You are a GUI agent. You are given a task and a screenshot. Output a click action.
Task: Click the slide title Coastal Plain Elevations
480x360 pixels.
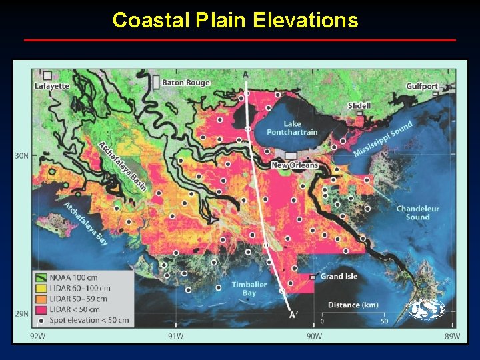[235, 21]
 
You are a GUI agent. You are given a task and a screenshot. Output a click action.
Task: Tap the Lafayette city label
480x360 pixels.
[52, 86]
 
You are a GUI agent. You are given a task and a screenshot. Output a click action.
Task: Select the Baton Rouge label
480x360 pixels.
[186, 83]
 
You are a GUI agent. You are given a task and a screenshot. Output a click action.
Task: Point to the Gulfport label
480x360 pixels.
[422, 86]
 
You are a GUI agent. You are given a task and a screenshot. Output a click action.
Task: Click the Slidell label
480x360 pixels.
[359, 105]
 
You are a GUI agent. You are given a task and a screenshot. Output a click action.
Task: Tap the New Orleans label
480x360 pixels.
[295, 165]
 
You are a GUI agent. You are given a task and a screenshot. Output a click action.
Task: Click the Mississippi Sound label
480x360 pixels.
[383, 139]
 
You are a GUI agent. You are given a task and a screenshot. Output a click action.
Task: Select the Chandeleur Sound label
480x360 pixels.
[418, 213]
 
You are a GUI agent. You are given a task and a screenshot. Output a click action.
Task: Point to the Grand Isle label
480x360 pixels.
[339, 276]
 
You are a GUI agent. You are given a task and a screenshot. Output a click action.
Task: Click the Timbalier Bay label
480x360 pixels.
[249, 289]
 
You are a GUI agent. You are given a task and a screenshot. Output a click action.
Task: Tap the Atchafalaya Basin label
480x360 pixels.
[122, 166]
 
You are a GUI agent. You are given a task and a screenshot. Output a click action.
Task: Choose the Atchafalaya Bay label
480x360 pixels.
[86, 222]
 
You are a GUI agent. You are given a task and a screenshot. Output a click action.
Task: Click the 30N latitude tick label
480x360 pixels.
[21, 156]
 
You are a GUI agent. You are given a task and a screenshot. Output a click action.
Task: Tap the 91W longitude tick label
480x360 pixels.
[175, 335]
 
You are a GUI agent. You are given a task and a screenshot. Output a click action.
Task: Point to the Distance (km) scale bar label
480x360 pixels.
[353, 305]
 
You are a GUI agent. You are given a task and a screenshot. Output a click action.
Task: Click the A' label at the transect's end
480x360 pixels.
[293, 315]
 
